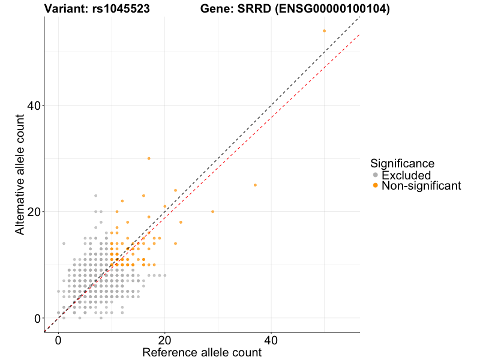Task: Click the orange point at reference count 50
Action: coord(324,31)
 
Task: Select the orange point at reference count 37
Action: coord(255,185)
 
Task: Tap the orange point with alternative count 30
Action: coord(149,158)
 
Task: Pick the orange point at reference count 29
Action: coord(212,212)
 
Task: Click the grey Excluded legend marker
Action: coord(376,175)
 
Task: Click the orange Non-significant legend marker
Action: coord(376,186)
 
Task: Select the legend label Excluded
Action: coord(406,175)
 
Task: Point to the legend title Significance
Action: coord(402,163)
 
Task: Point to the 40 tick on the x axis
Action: coord(271,340)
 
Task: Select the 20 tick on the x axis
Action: coord(164,340)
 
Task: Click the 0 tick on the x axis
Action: coord(58,340)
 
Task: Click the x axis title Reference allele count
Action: coord(202,352)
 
